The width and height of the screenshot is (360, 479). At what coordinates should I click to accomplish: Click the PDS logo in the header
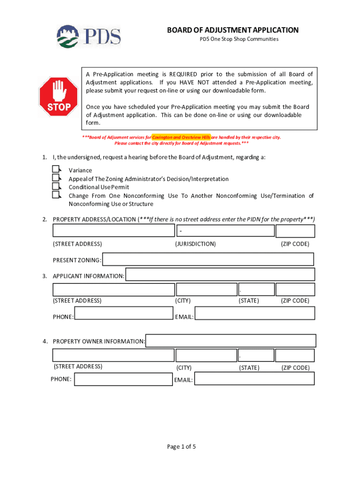tap(89, 36)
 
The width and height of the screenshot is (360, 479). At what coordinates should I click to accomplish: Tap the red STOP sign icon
tap(58, 97)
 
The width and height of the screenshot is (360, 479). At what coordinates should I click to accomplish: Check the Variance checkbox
tap(56, 169)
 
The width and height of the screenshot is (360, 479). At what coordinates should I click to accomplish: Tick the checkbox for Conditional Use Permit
tap(56, 186)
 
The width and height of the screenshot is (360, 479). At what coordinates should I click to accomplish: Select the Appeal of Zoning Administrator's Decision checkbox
tap(56, 178)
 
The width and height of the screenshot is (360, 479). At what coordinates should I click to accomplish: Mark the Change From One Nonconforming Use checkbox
tap(56, 195)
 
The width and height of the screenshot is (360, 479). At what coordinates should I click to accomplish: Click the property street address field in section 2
tap(113, 231)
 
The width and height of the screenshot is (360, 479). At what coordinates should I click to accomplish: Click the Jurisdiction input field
tap(225, 231)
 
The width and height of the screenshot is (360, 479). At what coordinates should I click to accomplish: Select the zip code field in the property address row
tap(295, 231)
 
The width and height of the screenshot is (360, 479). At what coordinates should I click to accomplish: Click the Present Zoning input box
tap(208, 260)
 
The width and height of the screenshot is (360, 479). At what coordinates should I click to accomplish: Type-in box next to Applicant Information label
tap(220, 275)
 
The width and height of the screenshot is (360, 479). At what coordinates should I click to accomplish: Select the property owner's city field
tap(206, 356)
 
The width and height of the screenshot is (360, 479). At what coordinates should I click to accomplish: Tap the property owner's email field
tap(254, 378)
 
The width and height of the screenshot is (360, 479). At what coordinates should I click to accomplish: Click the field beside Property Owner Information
tap(231, 341)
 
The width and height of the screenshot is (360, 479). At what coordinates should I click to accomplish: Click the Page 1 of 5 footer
tap(181, 446)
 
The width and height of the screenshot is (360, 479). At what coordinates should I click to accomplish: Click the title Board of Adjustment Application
tap(233, 30)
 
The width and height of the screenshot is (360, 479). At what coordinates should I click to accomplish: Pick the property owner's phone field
tap(123, 378)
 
